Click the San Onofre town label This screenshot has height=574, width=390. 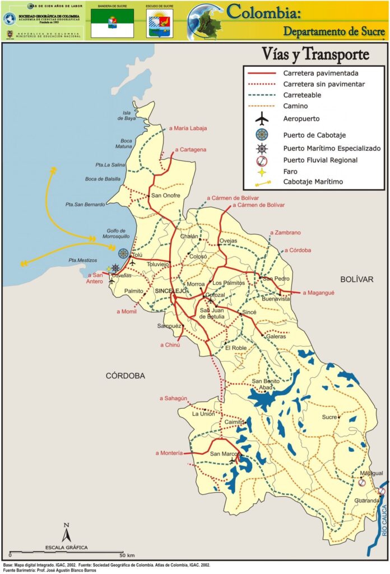(164, 196)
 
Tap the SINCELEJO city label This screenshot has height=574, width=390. (170, 291)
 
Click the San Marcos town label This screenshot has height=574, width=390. (225, 453)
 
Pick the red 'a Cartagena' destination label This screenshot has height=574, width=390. (191, 150)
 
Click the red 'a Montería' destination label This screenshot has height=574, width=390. (169, 453)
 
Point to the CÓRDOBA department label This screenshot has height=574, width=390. (126, 376)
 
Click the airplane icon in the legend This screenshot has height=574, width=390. (262, 119)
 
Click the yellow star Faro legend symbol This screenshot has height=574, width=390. (262, 172)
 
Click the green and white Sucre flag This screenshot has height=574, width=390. (112, 23)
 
